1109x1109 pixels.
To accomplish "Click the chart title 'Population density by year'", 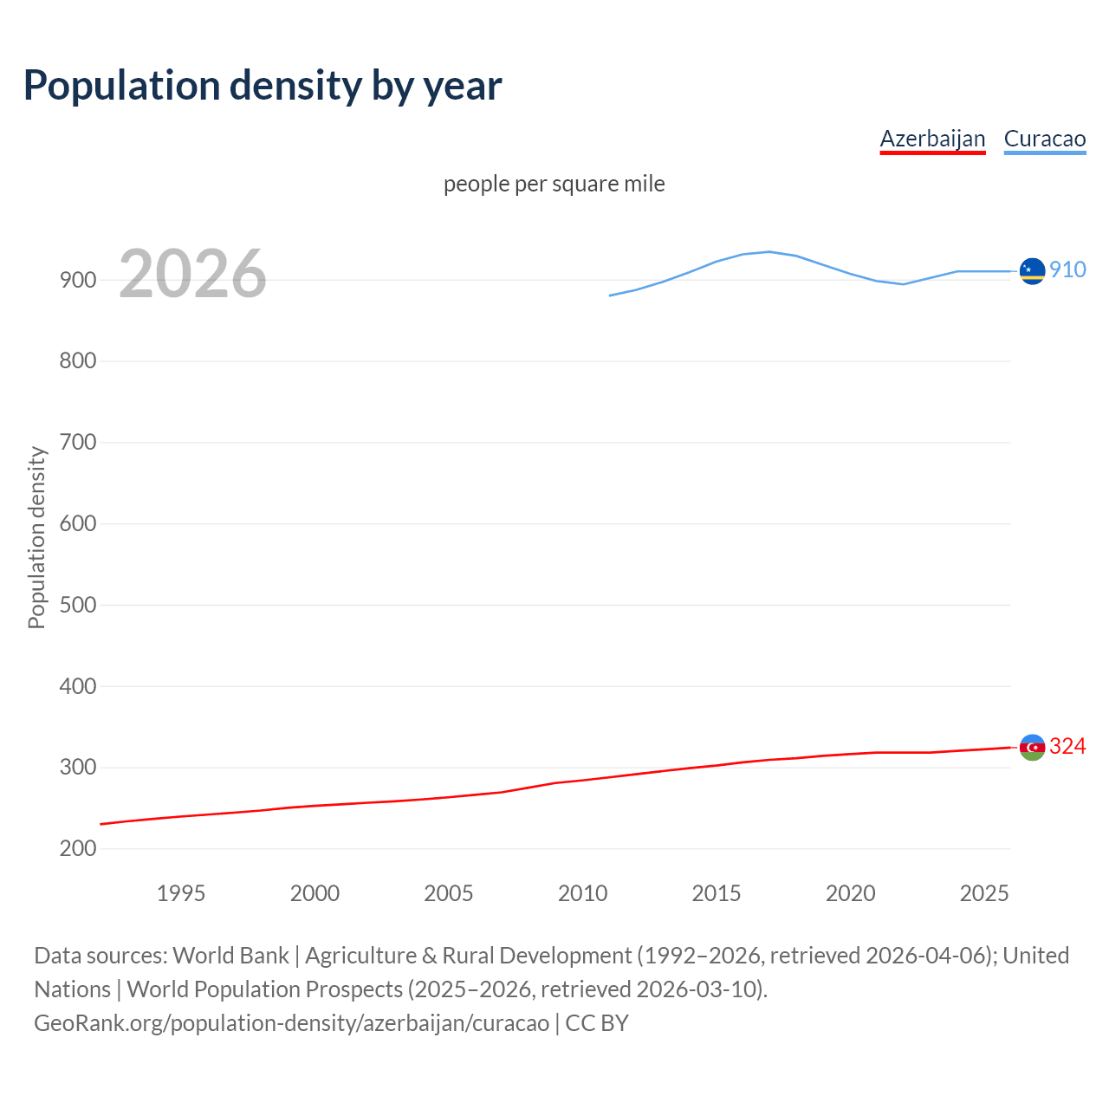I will tap(263, 85).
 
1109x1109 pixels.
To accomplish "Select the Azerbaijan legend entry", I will tap(932, 139).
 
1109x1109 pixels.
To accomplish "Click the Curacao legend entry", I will tap(1044, 139).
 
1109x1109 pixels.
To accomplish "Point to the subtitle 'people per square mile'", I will tap(554, 184).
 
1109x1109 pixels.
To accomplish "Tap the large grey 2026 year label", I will tap(192, 274).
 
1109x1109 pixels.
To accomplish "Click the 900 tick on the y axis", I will tap(77, 280).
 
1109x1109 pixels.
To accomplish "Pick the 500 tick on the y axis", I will tap(77, 605).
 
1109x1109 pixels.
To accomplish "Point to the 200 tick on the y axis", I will tap(77, 849).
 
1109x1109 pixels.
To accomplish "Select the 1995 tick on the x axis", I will tap(180, 893).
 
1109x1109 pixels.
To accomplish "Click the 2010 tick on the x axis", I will tap(582, 893).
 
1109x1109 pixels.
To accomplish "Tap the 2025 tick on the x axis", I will tap(984, 893).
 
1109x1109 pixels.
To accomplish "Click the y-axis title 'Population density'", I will tap(36, 537).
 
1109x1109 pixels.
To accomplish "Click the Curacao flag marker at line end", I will tap(1032, 271).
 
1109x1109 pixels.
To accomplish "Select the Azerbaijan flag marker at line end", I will tap(1032, 747).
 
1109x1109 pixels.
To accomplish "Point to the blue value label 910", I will tap(1067, 269).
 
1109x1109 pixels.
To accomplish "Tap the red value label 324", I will tap(1067, 746).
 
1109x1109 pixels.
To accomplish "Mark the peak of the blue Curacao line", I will tap(769, 251).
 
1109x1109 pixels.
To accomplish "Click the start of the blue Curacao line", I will tap(610, 295).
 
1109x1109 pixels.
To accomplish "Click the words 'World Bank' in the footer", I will tap(230, 955).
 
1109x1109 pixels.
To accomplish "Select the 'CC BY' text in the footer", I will tap(597, 1022).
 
